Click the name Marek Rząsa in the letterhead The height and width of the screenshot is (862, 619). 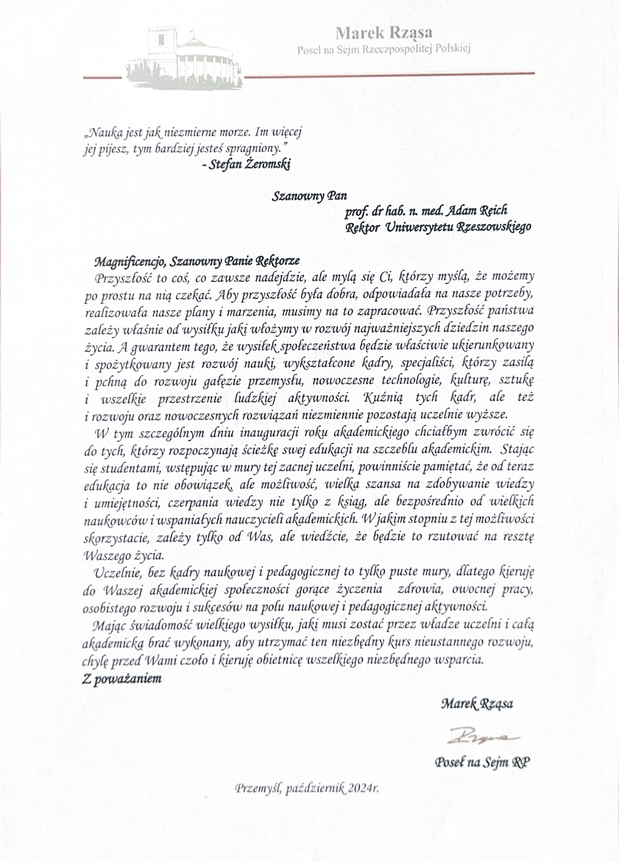tap(383, 33)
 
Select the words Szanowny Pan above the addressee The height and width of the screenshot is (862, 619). tap(309, 196)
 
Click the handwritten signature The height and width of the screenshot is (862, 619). tap(477, 735)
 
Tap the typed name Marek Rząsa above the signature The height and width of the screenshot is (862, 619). tap(476, 704)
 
